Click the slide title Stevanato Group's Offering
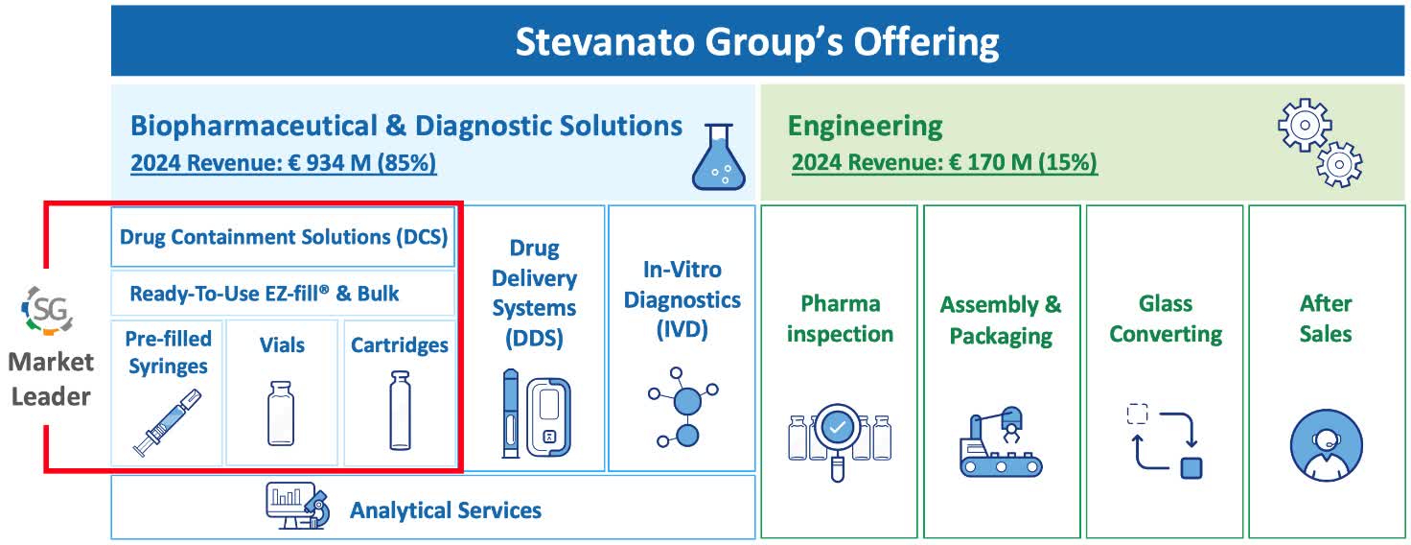(756, 42)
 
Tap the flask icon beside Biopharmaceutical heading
(718, 157)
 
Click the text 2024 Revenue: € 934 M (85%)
(283, 164)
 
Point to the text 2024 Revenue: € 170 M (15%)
(944, 164)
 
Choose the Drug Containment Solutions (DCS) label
(284, 237)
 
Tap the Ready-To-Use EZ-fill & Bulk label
(265, 294)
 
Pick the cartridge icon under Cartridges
(399, 411)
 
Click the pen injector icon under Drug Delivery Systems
(535, 415)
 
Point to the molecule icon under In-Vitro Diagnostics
(682, 406)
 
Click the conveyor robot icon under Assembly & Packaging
(1000, 440)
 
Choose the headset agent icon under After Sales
(1325, 443)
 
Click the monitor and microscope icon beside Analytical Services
(297, 506)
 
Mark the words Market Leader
(51, 379)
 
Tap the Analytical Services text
(445, 510)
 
